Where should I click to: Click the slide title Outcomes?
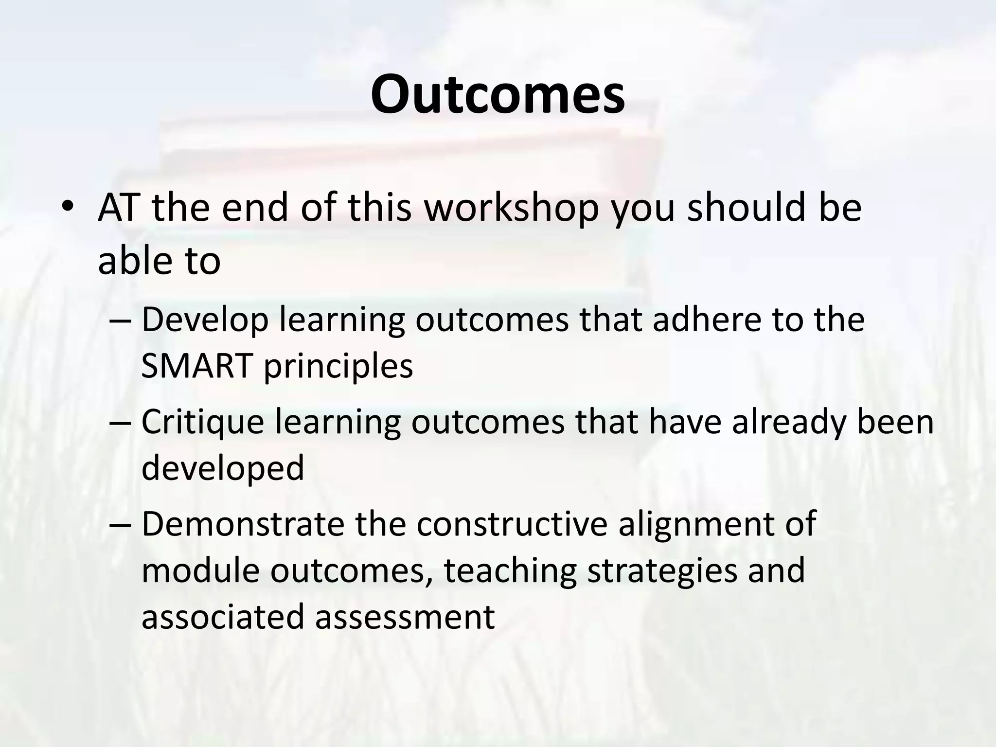click(498, 94)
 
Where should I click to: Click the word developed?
click(223, 468)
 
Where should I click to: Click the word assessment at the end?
click(405, 617)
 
